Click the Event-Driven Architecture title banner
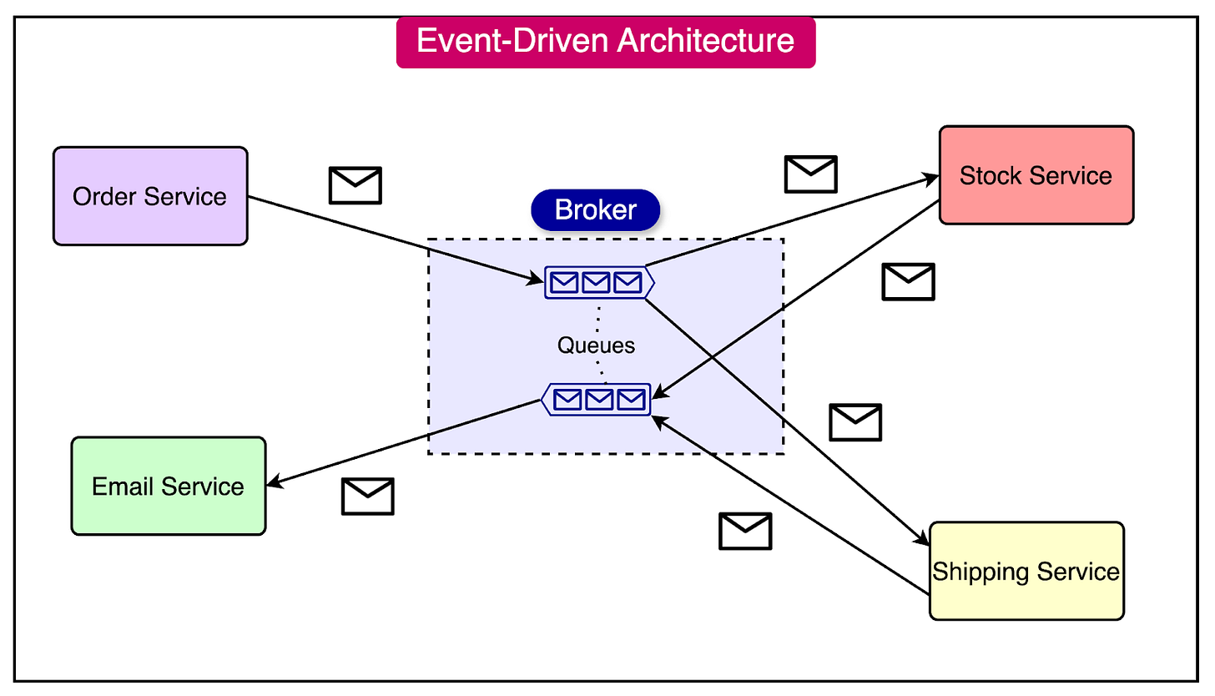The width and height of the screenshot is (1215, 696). pos(605,42)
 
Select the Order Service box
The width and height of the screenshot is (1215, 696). pos(150,196)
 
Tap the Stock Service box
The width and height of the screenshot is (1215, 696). pos(1036,175)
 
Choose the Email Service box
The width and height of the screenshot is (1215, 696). pos(168,486)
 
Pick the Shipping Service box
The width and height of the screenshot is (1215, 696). pos(1026,572)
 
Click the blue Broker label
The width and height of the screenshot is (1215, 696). pos(595,209)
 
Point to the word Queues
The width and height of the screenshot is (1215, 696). pos(596,345)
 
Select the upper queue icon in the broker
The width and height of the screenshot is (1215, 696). pos(597,283)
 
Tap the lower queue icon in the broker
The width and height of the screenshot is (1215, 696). pos(597,400)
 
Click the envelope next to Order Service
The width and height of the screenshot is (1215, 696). pos(355,185)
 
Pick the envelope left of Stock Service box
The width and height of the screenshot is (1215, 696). pos(810,174)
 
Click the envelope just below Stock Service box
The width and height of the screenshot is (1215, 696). pos(908,281)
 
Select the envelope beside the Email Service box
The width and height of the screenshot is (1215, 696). pos(367,496)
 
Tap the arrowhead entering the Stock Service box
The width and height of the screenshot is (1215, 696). pos(933,178)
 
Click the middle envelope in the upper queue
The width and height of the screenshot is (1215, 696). pos(595,283)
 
